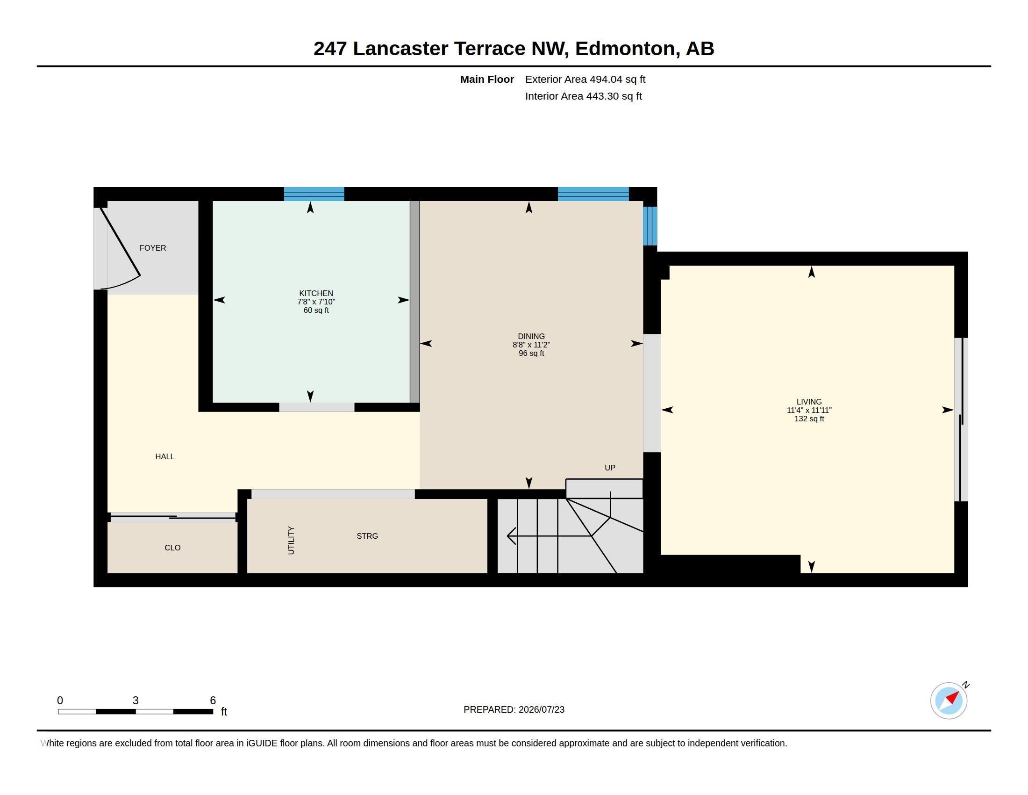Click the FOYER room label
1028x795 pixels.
coord(152,248)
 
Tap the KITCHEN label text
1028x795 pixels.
coord(316,293)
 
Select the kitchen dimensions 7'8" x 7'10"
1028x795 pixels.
coord(316,302)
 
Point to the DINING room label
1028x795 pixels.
coord(531,336)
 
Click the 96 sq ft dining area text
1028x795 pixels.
coord(531,353)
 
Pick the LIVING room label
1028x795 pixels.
coord(809,402)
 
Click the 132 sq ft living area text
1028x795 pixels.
coord(809,419)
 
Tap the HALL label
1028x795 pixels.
coord(165,456)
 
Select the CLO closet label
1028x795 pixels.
coord(172,547)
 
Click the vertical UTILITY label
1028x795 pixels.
coord(291,540)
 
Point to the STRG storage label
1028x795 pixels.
coord(367,536)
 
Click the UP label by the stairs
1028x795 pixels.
coord(609,468)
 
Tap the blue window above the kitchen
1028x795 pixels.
coord(314,194)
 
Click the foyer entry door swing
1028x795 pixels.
coord(121,249)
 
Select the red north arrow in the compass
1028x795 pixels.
coord(952,697)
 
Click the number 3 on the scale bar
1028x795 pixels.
coord(136,701)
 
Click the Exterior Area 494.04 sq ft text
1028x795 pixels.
coord(585,79)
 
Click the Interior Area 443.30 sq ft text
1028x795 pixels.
coord(583,96)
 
